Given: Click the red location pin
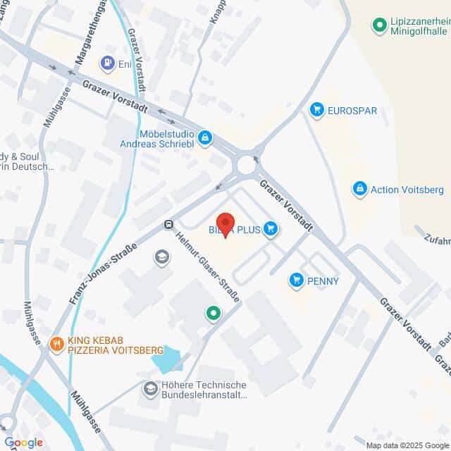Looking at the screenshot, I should click(x=225, y=225).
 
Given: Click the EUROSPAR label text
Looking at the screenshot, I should click(x=352, y=111).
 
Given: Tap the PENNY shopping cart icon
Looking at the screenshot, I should click(x=297, y=280).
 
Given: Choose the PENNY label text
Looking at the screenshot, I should click(x=323, y=281).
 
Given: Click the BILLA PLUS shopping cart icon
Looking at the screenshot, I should click(x=271, y=228).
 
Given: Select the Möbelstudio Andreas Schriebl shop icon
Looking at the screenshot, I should click(x=205, y=137).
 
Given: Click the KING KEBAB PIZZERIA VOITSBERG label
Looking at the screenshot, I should click(x=116, y=345).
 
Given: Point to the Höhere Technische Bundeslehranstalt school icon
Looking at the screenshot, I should click(x=150, y=388).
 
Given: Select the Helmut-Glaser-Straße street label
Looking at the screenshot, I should click(x=207, y=266).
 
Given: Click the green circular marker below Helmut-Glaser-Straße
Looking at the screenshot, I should click(x=211, y=313).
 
